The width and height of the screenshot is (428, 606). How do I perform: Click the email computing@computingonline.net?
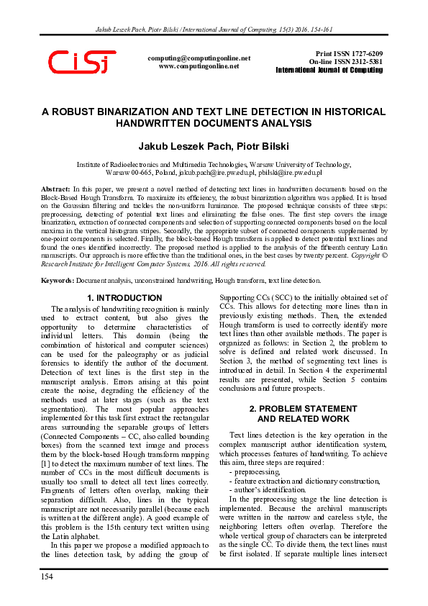199,58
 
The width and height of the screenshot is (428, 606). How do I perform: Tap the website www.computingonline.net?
199,65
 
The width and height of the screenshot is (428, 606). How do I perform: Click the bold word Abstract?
57,188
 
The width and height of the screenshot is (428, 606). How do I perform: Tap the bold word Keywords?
58,281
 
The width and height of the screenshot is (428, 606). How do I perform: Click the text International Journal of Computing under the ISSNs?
329,70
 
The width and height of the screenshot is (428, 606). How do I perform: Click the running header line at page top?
214,29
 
